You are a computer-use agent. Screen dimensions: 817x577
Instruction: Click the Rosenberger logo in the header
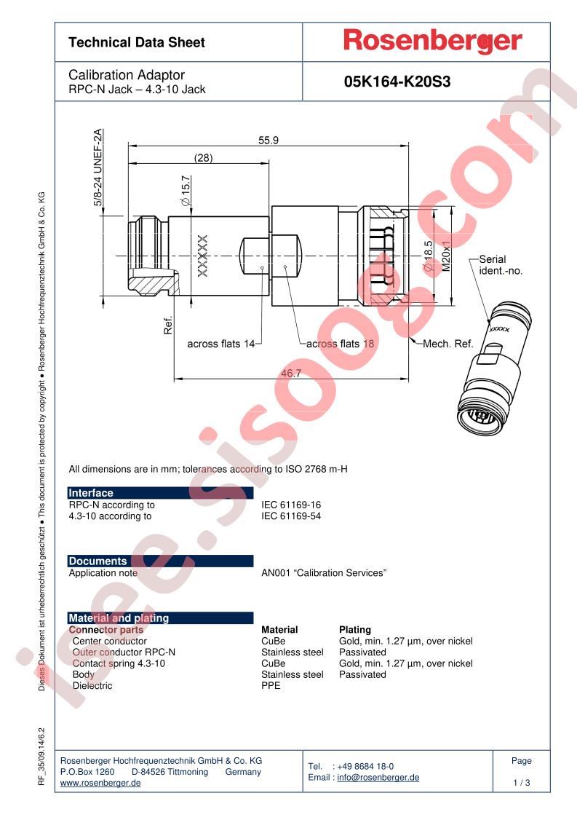pos(432,42)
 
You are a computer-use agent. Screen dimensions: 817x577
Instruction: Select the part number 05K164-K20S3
pos(397,82)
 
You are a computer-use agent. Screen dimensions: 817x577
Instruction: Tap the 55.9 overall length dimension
pos(268,141)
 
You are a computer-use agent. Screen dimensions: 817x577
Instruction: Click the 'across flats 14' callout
pos(220,344)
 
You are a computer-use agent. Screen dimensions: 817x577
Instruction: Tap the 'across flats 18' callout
pos(340,344)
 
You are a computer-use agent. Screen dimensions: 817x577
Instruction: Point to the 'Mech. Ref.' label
pos(447,344)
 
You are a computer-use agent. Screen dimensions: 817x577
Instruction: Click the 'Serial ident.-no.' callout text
pos(501,265)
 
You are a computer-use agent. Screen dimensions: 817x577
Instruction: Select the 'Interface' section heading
pos(91,493)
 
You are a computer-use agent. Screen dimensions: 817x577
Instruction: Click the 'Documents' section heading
pos(98,561)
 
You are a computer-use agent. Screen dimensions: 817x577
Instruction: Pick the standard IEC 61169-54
pos(291,516)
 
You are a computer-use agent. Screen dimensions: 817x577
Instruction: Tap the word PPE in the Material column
pos(271,686)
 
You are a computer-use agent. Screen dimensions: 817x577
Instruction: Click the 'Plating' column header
pos(355,630)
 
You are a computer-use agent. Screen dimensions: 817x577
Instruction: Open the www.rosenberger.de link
pos(100,783)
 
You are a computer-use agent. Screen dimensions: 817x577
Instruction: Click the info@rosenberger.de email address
pos(378,778)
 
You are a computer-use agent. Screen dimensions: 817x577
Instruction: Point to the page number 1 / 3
pos(521,783)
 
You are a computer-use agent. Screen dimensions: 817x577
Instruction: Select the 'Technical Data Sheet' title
pos(137,43)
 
